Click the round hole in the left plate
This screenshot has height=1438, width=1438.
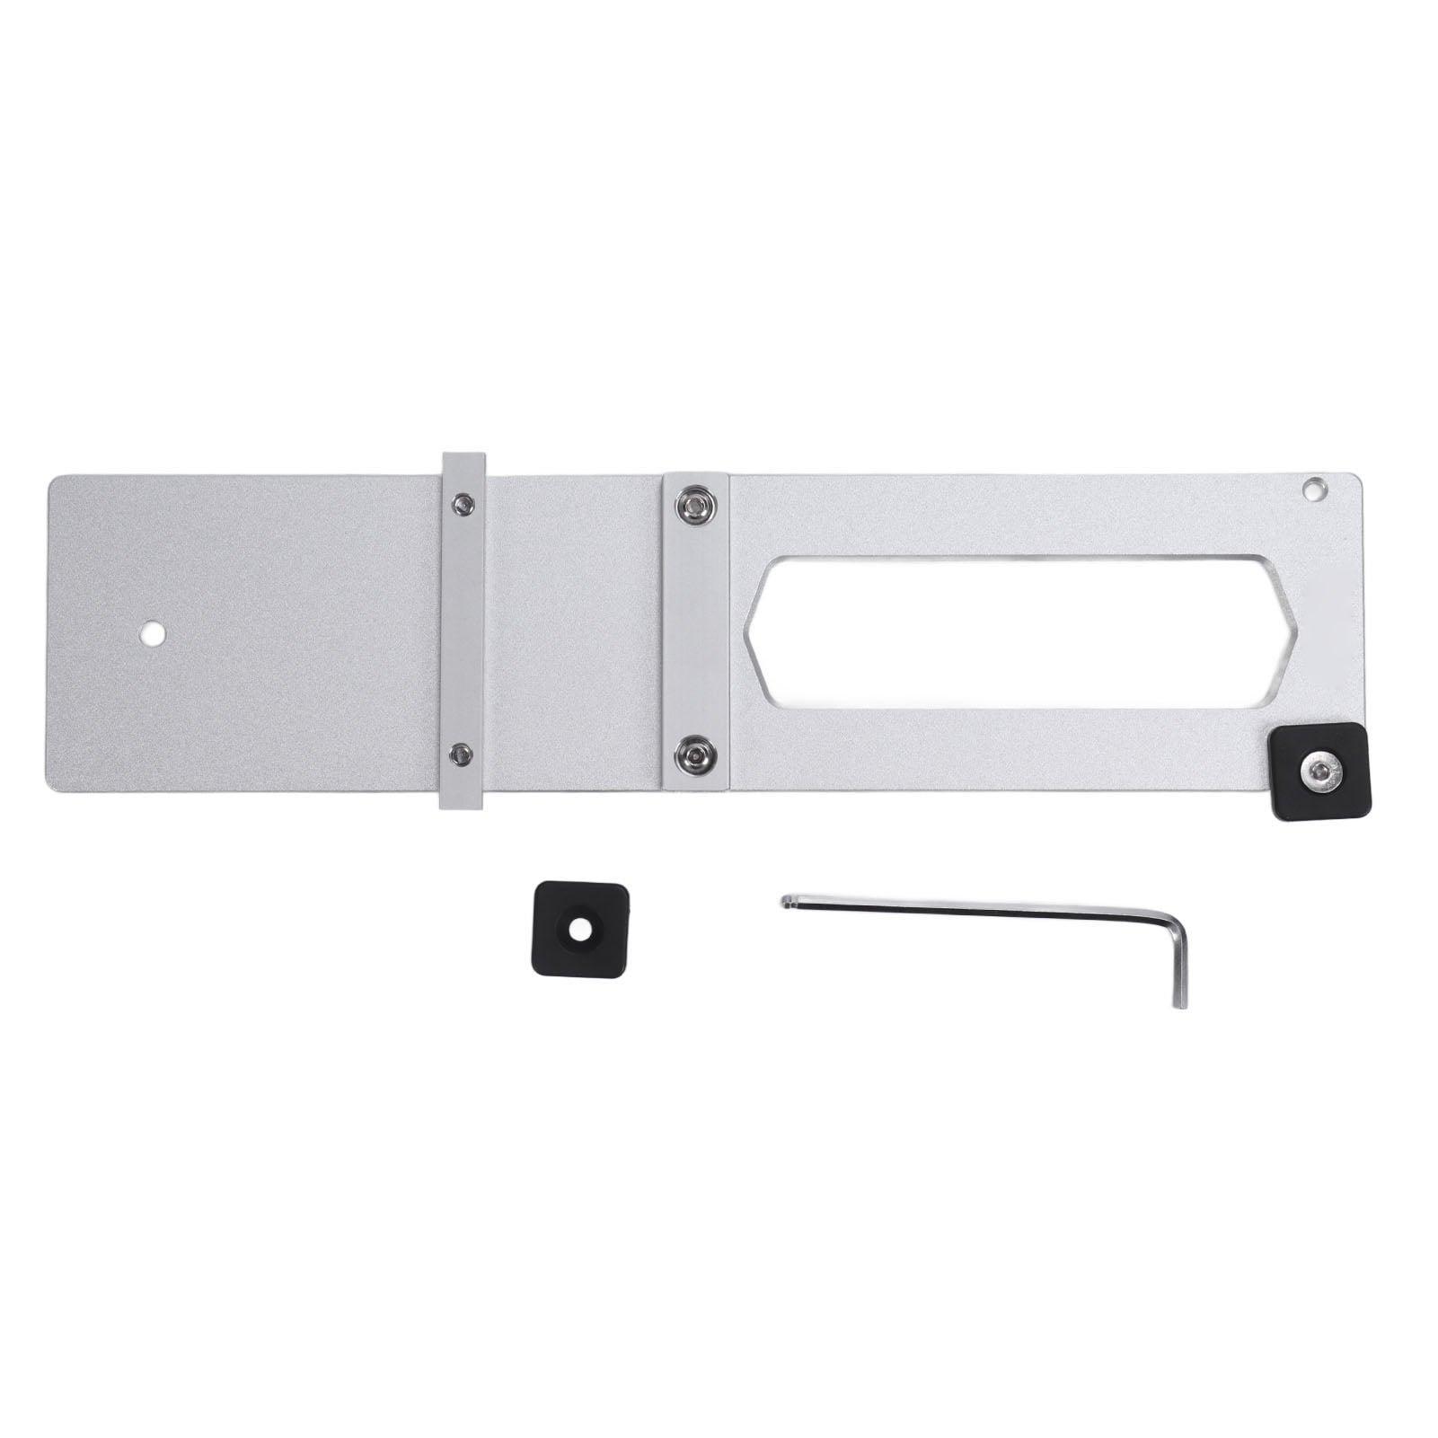click(x=152, y=634)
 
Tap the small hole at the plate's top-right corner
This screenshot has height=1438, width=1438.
click(x=1313, y=490)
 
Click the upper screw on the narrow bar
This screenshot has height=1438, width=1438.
click(x=463, y=505)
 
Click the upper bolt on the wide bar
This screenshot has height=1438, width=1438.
click(x=694, y=507)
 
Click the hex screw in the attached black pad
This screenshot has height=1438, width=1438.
click(x=1318, y=770)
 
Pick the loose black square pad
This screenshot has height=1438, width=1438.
click(x=579, y=930)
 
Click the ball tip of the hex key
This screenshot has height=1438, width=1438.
click(x=788, y=900)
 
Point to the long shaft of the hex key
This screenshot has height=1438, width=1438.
click(x=970, y=911)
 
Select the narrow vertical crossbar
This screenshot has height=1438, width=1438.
click(x=463, y=629)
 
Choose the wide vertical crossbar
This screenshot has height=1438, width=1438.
click(x=695, y=629)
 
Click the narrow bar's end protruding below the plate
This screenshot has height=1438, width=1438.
click(x=461, y=800)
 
